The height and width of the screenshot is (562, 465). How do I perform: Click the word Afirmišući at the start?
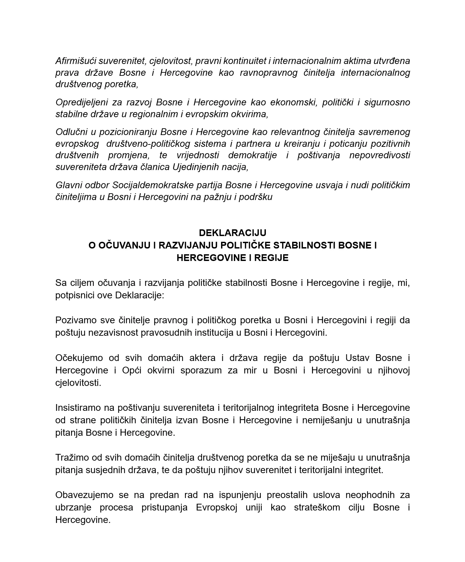point(76,61)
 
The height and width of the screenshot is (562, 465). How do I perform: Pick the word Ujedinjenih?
point(201,167)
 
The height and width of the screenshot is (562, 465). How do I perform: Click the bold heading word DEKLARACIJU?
point(232,233)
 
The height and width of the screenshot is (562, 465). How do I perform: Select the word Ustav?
point(358,358)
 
